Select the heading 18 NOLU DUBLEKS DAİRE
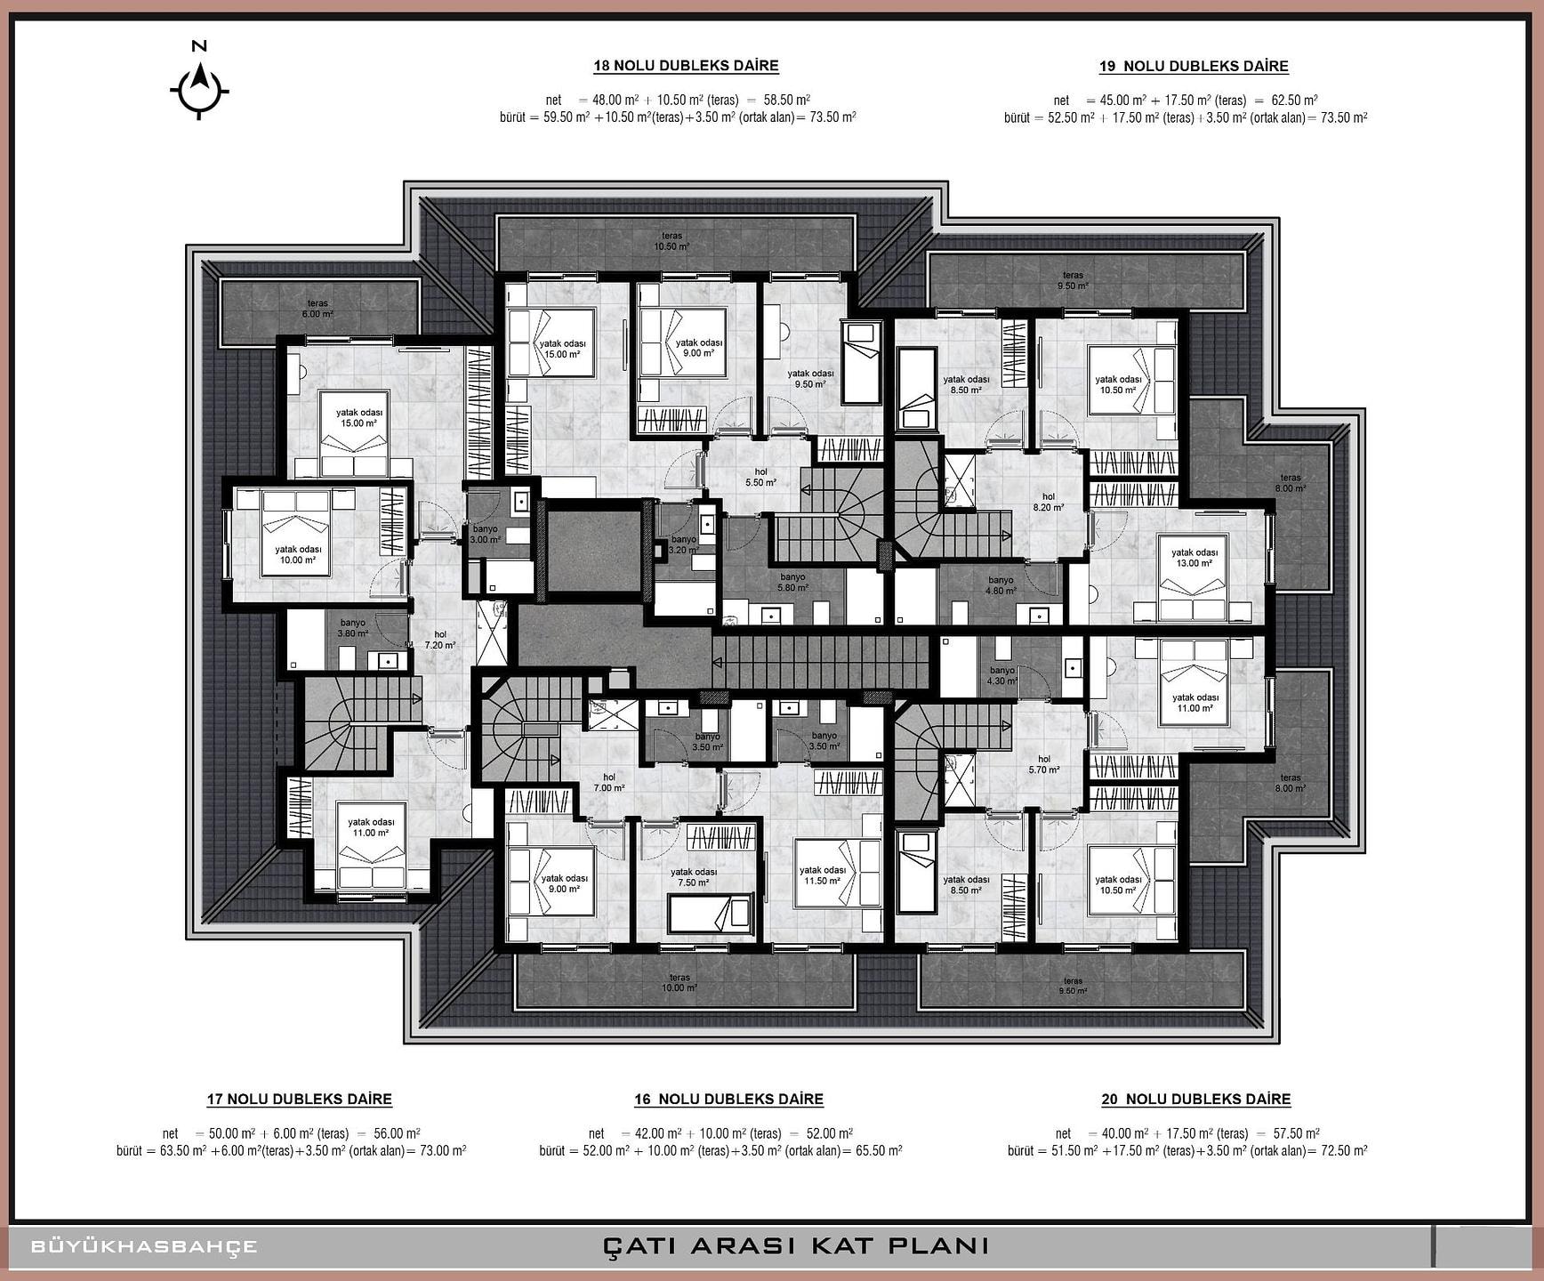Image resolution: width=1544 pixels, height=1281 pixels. (686, 66)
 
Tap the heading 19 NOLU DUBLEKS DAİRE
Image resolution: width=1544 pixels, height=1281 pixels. (1194, 66)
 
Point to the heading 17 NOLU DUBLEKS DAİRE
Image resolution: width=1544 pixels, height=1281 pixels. (299, 1100)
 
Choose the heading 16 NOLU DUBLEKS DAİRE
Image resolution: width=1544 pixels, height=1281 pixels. (728, 1100)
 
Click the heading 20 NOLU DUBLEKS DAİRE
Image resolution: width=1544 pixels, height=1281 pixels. (1196, 1100)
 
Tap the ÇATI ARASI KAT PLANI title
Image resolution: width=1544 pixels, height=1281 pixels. (796, 1245)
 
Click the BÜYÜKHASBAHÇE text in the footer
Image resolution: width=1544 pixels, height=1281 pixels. (144, 1246)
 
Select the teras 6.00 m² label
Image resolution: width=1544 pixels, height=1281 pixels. (318, 309)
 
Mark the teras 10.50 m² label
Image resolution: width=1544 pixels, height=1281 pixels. (671, 241)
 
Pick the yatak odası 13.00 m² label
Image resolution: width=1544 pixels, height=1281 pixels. (1194, 558)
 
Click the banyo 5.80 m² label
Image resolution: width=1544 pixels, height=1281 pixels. (792, 582)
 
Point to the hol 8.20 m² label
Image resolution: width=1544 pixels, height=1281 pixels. (1049, 503)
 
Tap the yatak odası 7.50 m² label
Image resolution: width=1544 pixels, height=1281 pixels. (694, 877)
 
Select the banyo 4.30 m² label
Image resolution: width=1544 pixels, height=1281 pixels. (1002, 675)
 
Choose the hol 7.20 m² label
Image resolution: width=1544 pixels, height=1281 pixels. (440, 640)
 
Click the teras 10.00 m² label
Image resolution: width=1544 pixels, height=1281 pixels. (680, 982)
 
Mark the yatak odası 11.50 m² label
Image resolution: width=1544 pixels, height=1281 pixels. (823, 875)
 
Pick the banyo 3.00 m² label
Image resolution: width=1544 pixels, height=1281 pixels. (486, 534)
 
